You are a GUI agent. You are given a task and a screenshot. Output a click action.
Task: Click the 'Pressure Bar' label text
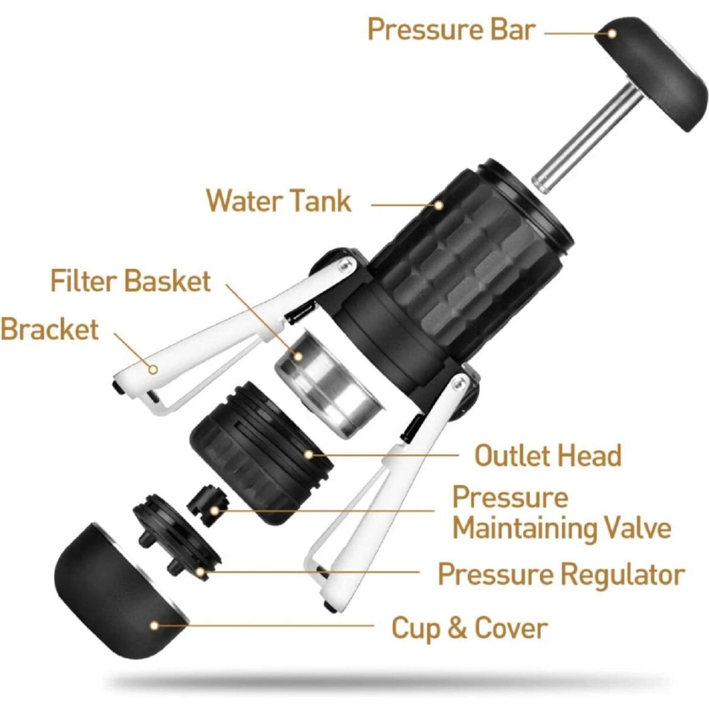coord(450,30)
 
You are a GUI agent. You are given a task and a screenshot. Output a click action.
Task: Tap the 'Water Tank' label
coord(279,200)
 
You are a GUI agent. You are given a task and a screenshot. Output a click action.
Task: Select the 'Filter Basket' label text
coord(131,281)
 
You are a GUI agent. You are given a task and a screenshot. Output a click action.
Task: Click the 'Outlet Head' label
coord(548,455)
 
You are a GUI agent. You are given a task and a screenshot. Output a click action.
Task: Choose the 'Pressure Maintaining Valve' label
coord(562,512)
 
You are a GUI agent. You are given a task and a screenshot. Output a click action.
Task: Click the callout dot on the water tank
coord(438,205)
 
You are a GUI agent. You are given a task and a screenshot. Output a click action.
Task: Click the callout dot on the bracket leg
coord(154,369)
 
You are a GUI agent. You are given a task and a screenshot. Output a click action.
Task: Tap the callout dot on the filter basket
coord(298,356)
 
